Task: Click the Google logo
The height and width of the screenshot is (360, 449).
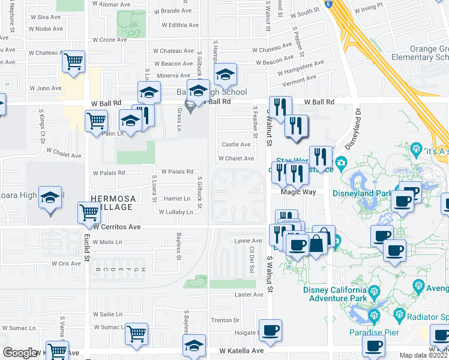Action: (20, 353)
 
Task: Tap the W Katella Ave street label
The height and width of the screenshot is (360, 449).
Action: (241, 350)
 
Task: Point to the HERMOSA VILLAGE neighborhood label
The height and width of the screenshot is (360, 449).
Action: (112, 202)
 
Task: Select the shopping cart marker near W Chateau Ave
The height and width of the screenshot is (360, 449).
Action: (73, 61)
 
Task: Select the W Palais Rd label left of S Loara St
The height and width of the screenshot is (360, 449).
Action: (109, 172)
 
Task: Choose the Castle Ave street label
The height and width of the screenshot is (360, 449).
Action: (236, 145)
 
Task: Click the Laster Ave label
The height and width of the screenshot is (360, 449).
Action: (249, 295)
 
